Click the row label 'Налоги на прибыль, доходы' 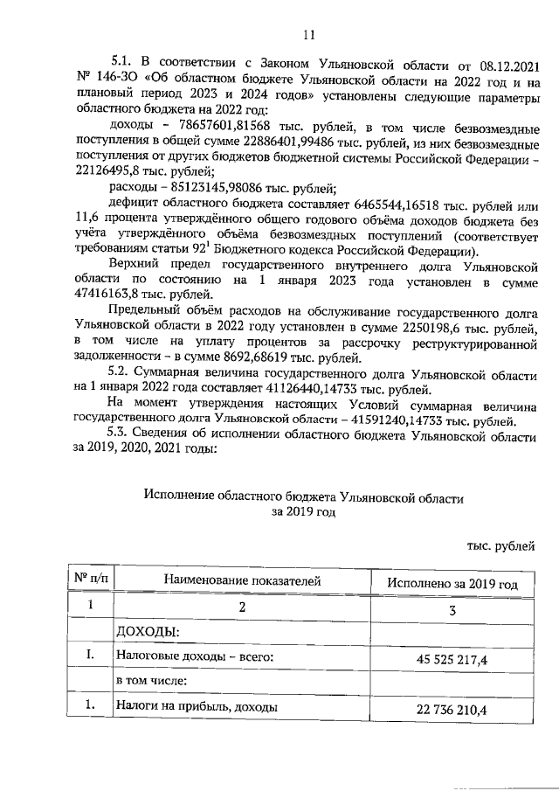coord(197,706)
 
